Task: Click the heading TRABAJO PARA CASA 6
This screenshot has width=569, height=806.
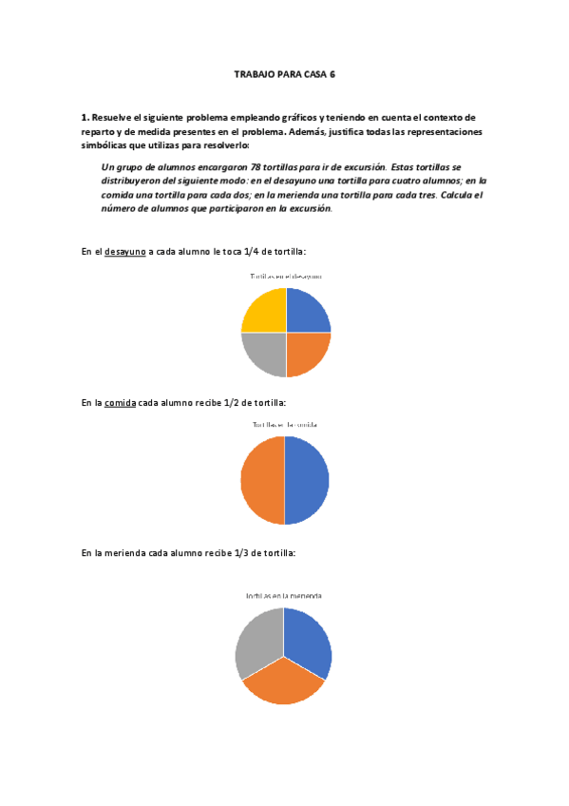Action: (x=285, y=73)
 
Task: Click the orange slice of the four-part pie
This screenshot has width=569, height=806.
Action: (x=306, y=353)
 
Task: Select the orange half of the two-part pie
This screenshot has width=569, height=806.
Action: (x=262, y=480)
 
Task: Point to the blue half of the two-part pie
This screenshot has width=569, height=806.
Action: (x=307, y=480)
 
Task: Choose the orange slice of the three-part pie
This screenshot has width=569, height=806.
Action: (x=283, y=683)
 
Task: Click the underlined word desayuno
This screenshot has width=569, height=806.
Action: (x=124, y=251)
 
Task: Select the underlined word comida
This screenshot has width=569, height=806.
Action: (x=120, y=403)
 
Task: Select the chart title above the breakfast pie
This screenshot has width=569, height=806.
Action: (x=285, y=276)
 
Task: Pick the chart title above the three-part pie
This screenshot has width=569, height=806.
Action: (x=283, y=596)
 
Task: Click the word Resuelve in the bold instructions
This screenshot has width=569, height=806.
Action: (x=113, y=117)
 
